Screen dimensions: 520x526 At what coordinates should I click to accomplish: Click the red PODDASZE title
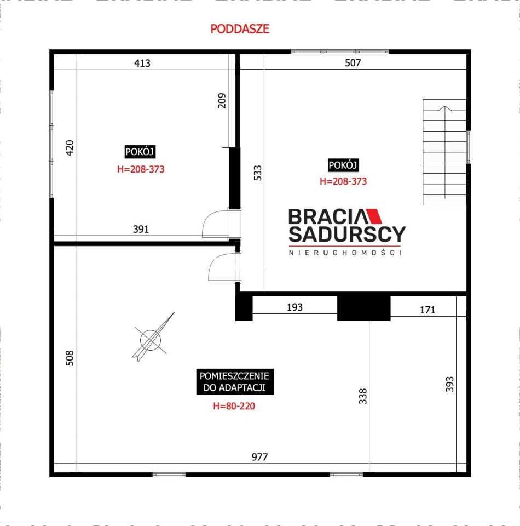[x=240, y=29]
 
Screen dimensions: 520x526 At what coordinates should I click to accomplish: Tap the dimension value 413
[x=142, y=63]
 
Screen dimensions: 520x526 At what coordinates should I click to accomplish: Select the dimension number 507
[x=353, y=62]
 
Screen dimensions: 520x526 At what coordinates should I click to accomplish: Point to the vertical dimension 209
[x=222, y=100]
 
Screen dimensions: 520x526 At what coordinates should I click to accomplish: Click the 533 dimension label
[x=258, y=173]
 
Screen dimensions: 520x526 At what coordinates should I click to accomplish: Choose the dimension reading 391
[x=141, y=229]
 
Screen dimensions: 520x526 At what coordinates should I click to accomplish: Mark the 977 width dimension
[x=259, y=457]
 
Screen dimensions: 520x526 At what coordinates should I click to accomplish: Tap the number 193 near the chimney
[x=294, y=307]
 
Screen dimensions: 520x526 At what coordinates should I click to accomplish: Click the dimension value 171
[x=427, y=310]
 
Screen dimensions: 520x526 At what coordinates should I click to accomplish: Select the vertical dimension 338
[x=363, y=396]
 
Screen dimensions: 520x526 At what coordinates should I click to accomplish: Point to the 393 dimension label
[x=449, y=384]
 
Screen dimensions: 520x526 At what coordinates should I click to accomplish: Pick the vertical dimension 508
[x=70, y=358]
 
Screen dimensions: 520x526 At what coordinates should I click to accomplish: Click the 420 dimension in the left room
[x=70, y=147]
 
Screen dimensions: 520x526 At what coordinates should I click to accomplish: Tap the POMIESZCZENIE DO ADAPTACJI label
[x=234, y=382]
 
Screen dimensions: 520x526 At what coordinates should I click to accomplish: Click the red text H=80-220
[x=234, y=406]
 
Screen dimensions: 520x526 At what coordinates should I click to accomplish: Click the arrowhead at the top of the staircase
[x=444, y=108]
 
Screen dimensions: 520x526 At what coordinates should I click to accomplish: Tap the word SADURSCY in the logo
[x=347, y=234]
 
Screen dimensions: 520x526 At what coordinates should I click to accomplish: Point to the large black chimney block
[x=363, y=308]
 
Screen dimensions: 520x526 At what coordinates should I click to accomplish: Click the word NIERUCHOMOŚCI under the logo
[x=345, y=253]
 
